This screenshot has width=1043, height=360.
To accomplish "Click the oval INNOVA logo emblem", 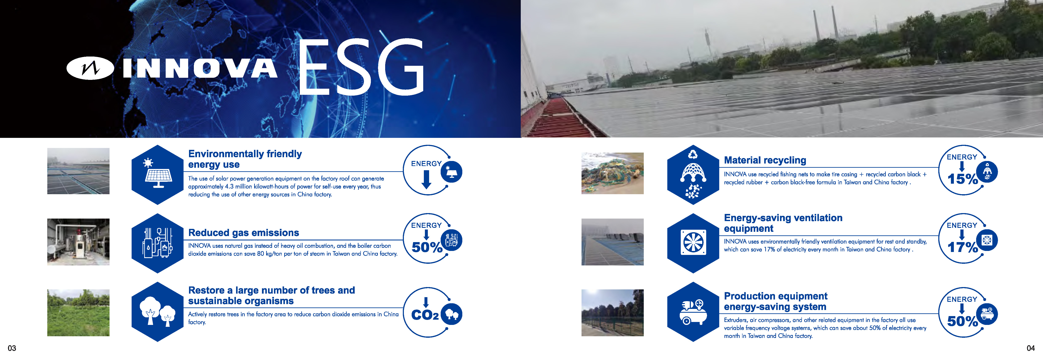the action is [90, 68].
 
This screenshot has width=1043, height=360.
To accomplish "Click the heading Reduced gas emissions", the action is [244, 233].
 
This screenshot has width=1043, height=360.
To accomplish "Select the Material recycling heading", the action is [765, 160].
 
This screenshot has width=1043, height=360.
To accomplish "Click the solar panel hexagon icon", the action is [157, 174].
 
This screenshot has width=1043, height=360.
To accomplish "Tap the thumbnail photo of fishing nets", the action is [612, 173].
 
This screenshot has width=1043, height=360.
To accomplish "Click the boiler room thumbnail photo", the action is [78, 242].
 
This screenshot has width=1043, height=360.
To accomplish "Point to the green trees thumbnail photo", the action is [78, 313].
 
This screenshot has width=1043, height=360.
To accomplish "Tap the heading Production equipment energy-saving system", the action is [775, 301].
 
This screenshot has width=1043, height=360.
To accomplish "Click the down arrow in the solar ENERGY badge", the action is [426, 179].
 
